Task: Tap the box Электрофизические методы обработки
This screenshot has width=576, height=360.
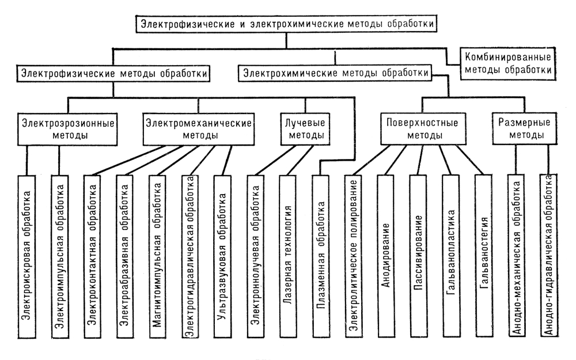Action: coord(113,74)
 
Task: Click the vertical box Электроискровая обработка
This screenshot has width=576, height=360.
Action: coord(26,256)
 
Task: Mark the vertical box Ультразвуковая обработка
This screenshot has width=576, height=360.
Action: coord(222,256)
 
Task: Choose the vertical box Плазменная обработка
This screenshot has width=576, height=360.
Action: coord(321,256)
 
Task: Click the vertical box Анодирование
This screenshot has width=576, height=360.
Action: coord(385,256)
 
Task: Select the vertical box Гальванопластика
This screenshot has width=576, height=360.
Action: coord(451,256)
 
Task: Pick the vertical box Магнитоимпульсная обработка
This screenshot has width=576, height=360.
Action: coord(157,256)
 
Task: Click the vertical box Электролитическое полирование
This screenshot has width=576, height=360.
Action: coord(354,256)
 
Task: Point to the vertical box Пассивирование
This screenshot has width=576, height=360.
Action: coord(418,256)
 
